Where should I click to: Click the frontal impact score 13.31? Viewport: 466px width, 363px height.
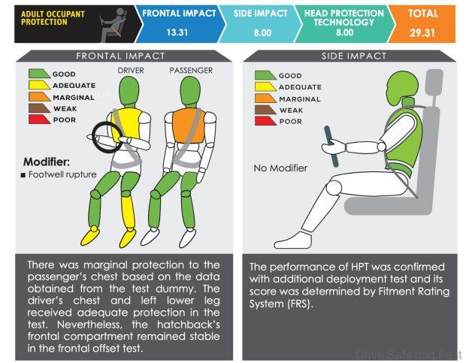[x=177, y=32]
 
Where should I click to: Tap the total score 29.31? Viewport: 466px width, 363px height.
[x=422, y=32]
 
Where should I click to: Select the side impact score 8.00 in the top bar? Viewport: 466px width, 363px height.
[x=262, y=32]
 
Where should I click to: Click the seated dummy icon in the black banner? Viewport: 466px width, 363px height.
[x=113, y=25]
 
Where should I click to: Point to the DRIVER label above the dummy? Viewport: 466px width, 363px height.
[x=131, y=71]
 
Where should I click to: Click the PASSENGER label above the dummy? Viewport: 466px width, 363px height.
[x=191, y=71]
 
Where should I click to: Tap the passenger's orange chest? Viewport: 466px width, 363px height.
[x=189, y=126]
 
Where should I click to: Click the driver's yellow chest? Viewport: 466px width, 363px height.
[x=127, y=124]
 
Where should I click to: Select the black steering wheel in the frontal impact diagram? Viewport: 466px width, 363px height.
[x=107, y=137]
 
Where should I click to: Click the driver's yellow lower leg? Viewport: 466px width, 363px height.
[x=129, y=211]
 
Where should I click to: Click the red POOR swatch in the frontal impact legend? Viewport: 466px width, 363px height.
[x=39, y=119]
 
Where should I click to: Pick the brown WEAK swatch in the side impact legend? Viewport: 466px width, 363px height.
[x=265, y=110]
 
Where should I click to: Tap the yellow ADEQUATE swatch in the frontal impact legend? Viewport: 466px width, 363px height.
[x=39, y=85]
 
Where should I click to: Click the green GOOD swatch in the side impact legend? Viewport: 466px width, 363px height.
[x=265, y=75]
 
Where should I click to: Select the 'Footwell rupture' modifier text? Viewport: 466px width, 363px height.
[x=62, y=174]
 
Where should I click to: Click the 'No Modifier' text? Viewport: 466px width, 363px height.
[x=280, y=168]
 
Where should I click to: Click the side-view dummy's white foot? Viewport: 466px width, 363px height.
[x=293, y=240]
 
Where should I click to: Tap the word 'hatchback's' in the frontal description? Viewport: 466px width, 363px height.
[x=189, y=325]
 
